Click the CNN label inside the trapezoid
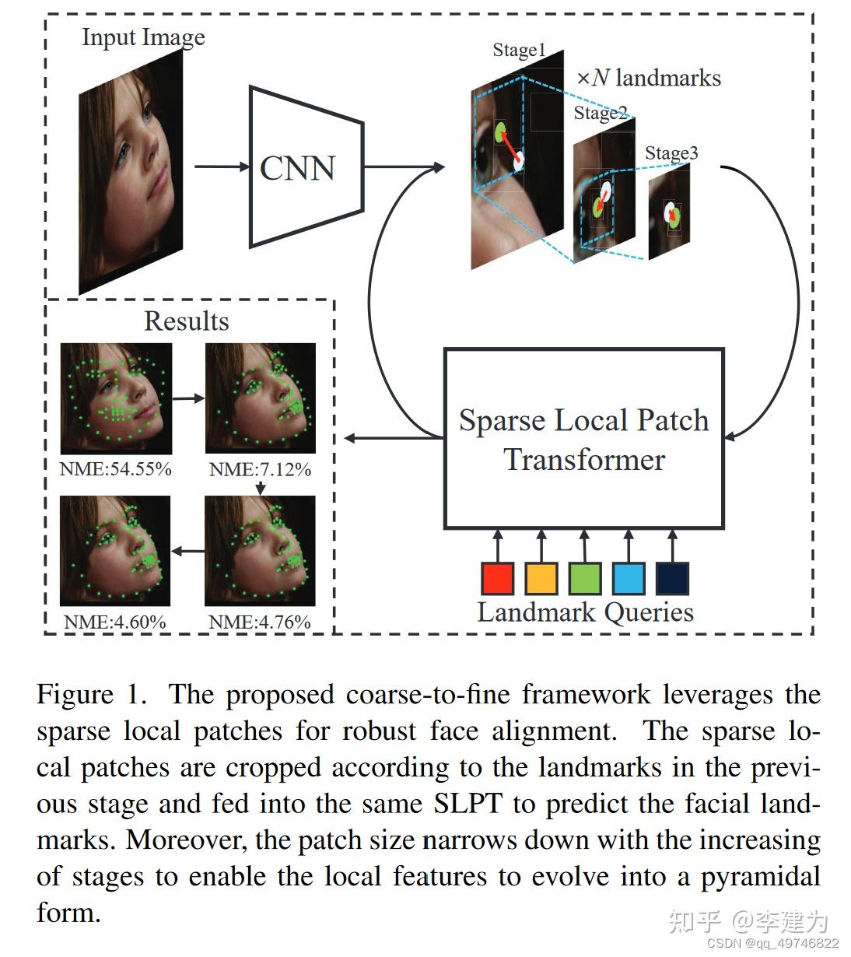(x=297, y=168)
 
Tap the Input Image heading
(x=144, y=37)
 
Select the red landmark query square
(x=497, y=577)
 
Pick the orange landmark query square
(x=541, y=577)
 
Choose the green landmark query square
(x=585, y=577)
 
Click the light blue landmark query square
(x=629, y=577)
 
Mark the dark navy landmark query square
(x=673, y=577)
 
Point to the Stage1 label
(x=519, y=50)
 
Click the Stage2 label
(x=601, y=113)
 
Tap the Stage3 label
(x=671, y=153)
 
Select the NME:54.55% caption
(x=115, y=469)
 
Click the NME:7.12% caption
(x=260, y=469)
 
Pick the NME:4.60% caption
(x=115, y=622)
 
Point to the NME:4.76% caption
(x=259, y=622)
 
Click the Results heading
(x=187, y=321)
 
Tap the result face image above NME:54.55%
(x=116, y=398)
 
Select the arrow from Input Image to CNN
(x=222, y=167)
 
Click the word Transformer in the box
(x=584, y=460)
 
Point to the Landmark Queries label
(x=586, y=612)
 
